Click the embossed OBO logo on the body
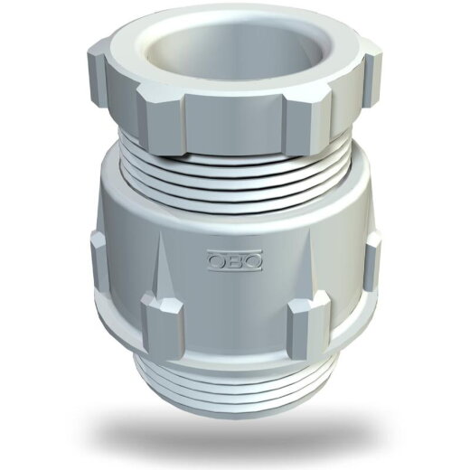(x=235, y=259)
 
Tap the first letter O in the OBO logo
(x=217, y=260)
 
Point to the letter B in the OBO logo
(x=235, y=260)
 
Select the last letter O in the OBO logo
(x=252, y=260)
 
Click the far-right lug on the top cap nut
(x=373, y=80)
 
